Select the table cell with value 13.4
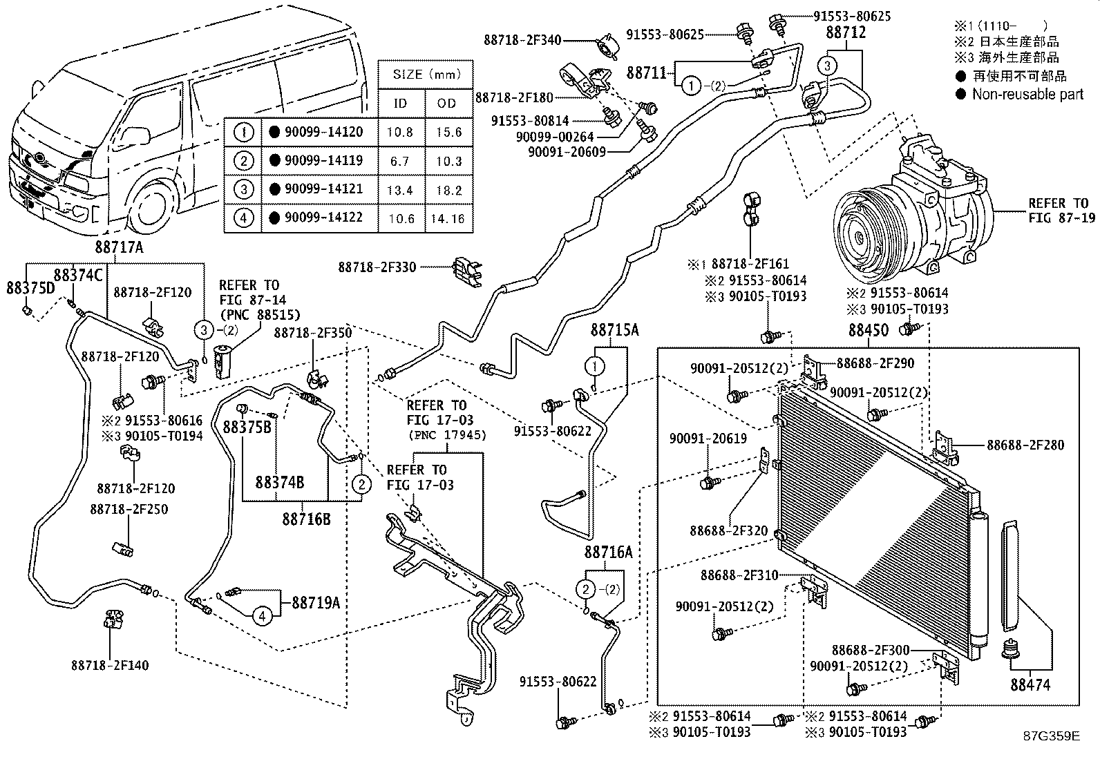(x=400, y=190)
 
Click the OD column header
(x=448, y=104)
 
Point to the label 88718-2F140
(x=109, y=665)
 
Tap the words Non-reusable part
(x=1027, y=94)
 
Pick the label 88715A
(x=614, y=331)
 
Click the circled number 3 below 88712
(x=827, y=66)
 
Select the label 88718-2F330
(x=377, y=267)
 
